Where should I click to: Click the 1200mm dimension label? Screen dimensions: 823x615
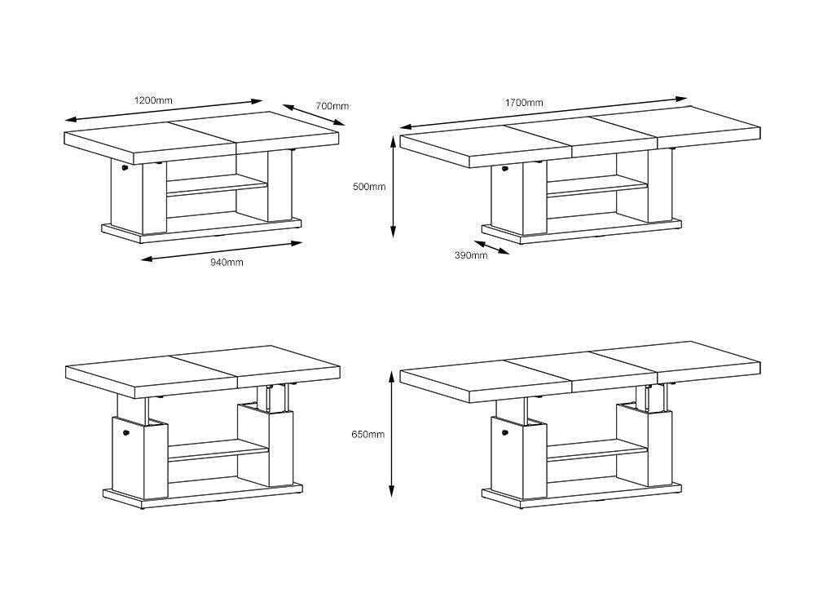(153, 100)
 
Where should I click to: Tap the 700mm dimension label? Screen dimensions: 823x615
(332, 105)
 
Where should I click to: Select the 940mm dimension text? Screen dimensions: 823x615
(227, 262)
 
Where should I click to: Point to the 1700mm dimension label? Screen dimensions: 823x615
(524, 103)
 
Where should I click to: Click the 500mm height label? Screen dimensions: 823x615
(369, 187)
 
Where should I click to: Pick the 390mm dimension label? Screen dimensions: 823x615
(471, 255)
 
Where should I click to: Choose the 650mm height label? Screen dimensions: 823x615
(368, 435)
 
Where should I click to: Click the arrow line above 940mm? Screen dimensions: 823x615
(222, 251)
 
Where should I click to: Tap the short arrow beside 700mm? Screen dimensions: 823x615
(315, 114)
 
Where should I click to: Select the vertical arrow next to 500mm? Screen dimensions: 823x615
(393, 187)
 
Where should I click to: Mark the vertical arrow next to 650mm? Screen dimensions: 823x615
(392, 434)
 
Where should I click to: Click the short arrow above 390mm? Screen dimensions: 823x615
(491, 247)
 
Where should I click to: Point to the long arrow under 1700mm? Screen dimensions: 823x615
(544, 113)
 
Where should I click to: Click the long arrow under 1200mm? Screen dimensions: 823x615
(163, 111)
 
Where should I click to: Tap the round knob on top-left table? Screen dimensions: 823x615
(125, 168)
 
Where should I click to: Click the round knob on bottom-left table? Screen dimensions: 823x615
(125, 433)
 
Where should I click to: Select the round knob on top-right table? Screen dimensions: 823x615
(504, 169)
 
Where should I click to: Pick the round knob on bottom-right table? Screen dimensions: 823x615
(505, 433)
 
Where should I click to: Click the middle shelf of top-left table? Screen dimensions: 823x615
(217, 186)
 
